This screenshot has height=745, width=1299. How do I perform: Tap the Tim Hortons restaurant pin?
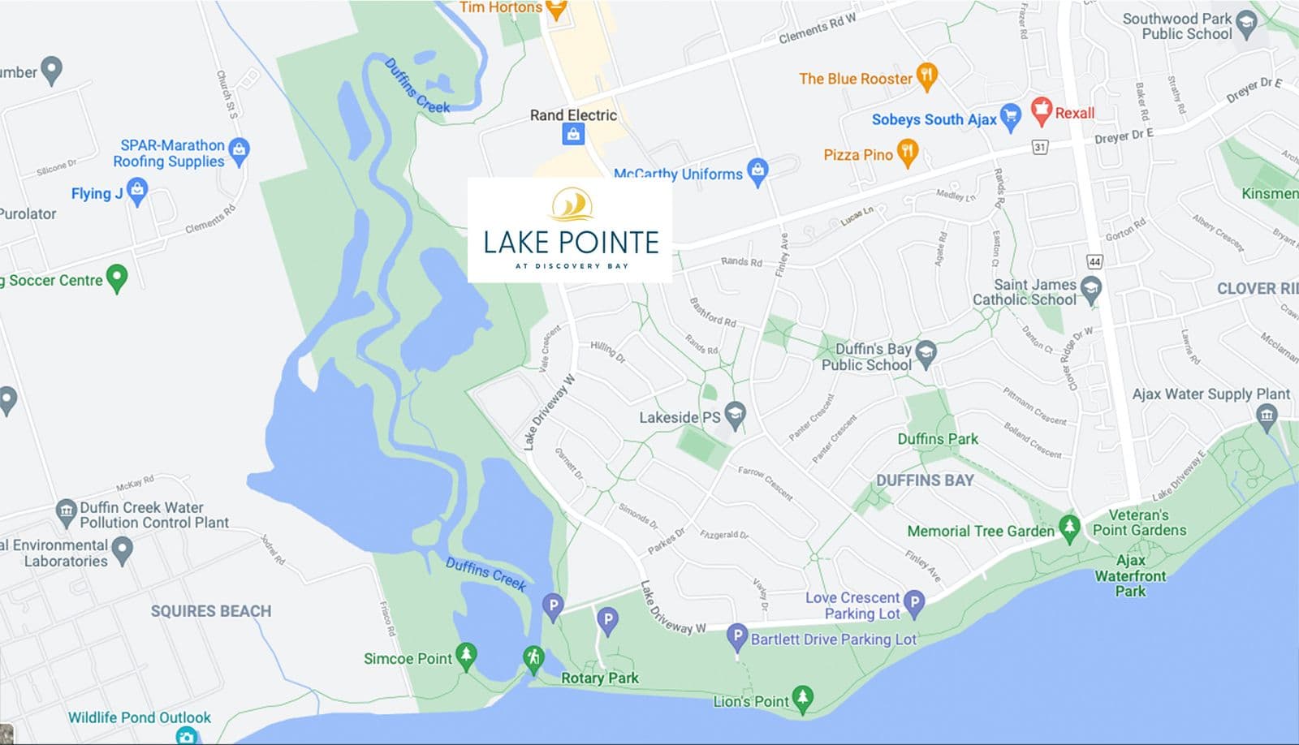click(x=555, y=9)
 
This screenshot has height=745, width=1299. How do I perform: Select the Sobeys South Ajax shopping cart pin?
click(x=1010, y=117)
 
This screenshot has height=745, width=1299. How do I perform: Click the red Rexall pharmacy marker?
click(x=1041, y=110)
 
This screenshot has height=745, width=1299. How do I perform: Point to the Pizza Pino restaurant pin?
click(x=907, y=152)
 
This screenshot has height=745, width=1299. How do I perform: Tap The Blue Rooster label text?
click(x=855, y=79)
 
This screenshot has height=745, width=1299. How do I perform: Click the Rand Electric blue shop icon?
click(x=573, y=135)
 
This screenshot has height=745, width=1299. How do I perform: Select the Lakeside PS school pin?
click(x=735, y=415)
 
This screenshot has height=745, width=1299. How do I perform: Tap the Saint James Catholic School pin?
click(x=1091, y=289)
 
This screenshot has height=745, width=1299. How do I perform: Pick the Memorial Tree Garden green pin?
click(x=1069, y=528)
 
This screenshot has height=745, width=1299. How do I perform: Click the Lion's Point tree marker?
click(x=802, y=698)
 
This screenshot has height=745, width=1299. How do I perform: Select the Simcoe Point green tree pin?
click(x=466, y=656)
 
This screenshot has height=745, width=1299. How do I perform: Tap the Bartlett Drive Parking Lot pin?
click(x=736, y=637)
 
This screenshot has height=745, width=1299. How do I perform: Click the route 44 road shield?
click(x=1094, y=261)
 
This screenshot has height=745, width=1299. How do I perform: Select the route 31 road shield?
click(x=1039, y=147)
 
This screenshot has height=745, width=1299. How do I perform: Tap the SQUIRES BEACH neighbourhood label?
click(x=211, y=611)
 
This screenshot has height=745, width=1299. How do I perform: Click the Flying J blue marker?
click(x=137, y=192)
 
